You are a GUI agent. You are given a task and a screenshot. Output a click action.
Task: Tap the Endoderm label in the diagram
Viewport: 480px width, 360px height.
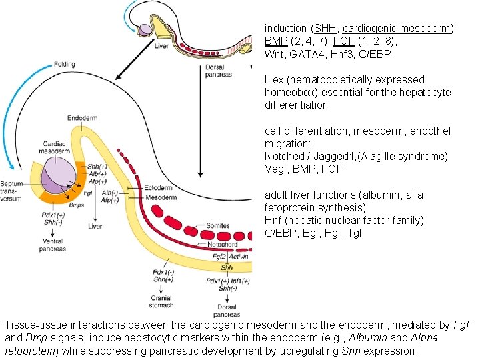click(82, 118)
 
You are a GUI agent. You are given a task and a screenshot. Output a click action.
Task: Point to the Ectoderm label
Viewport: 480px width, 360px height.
click(158, 188)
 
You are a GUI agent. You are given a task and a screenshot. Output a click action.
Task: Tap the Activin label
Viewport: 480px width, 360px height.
click(239, 257)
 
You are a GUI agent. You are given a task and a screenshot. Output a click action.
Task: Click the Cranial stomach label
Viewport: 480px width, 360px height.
click(161, 301)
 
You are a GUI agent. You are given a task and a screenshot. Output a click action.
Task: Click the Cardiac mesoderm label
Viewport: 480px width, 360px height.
click(54, 147)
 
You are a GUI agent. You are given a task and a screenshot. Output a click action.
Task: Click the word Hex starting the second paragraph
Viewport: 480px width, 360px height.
click(273, 80)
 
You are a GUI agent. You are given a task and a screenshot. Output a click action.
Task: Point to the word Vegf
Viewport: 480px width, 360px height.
click(276, 169)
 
